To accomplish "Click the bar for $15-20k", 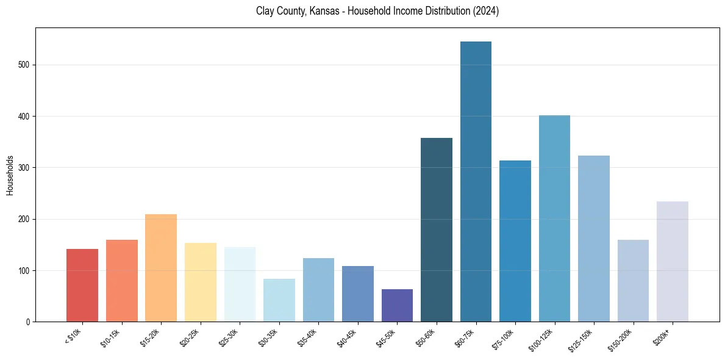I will click(x=161, y=268).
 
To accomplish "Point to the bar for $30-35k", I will click(x=279, y=300).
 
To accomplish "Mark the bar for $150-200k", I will click(x=633, y=281).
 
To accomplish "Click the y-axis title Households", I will click(x=10, y=175).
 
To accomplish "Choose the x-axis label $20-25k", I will click(x=190, y=337).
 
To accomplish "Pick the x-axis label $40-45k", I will click(x=348, y=337).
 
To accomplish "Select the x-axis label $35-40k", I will click(x=308, y=337).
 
